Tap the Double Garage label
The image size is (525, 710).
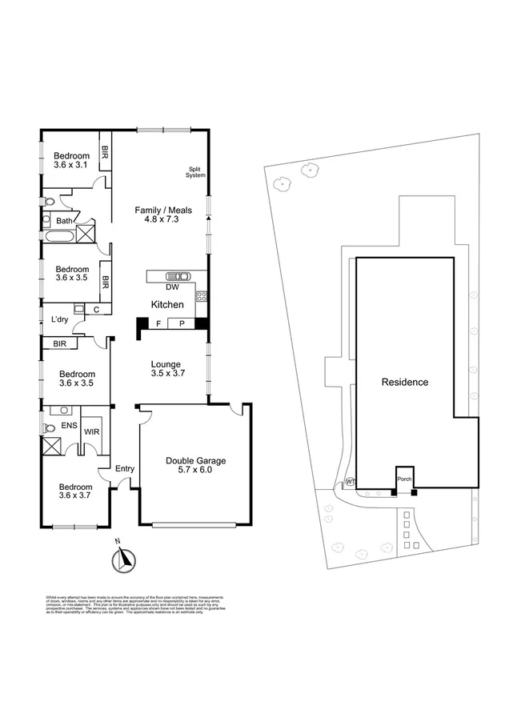click(x=196, y=466)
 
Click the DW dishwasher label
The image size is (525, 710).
click(x=171, y=287)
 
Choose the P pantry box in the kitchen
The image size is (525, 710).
click(x=182, y=324)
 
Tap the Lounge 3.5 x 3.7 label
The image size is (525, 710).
click(x=166, y=370)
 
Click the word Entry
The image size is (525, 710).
click(x=126, y=469)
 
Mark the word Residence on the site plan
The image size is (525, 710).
click(x=404, y=383)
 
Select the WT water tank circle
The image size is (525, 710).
click(x=350, y=482)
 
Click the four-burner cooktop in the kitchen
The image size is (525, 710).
click(x=202, y=296)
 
